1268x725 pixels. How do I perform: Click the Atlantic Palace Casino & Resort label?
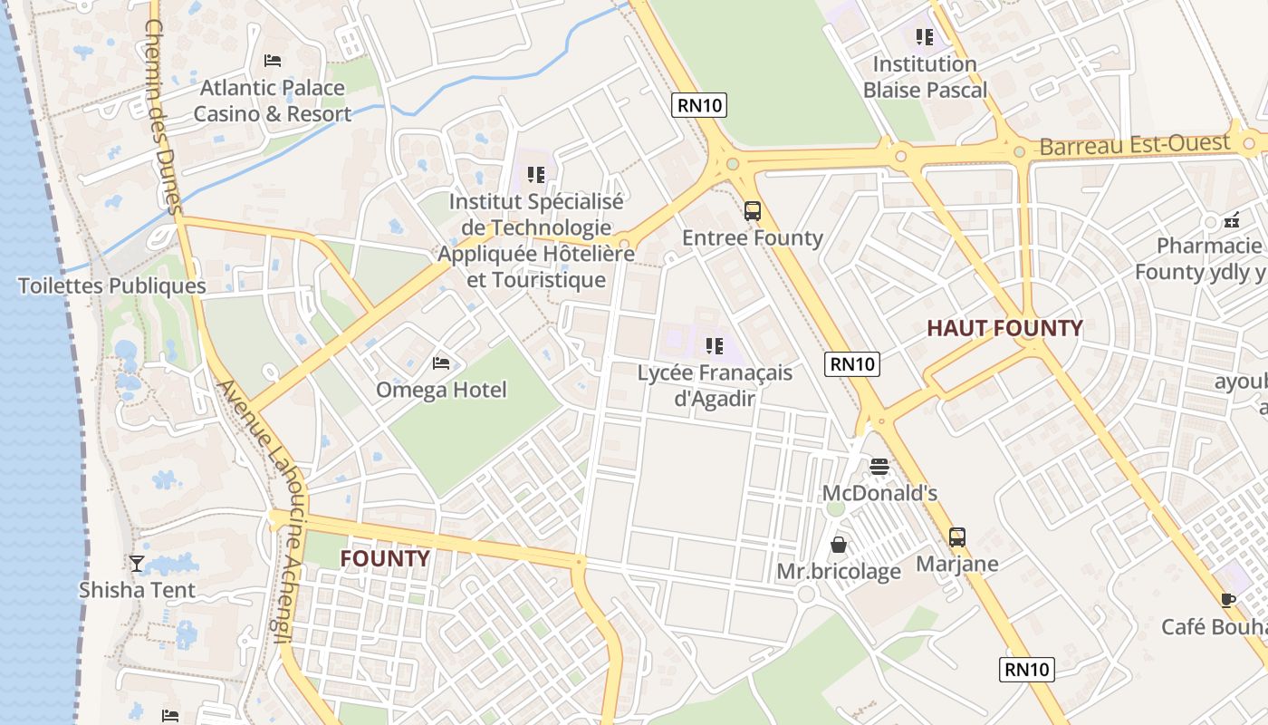tap(273, 101)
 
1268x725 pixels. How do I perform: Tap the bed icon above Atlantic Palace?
tap(273, 61)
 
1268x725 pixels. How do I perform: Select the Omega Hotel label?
tap(441, 390)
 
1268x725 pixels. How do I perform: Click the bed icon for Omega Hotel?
tap(441, 363)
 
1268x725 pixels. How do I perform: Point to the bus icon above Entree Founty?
tap(753, 211)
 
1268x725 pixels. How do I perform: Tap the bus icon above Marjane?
tap(957, 536)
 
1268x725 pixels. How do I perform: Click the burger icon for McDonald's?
tap(879, 467)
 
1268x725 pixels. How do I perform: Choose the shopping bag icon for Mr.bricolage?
tap(840, 545)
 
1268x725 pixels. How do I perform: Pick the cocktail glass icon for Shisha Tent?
tap(137, 564)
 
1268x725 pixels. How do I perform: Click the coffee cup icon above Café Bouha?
tap(1227, 600)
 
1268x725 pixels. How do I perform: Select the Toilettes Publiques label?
tap(112, 286)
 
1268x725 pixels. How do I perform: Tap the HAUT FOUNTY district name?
tap(1004, 329)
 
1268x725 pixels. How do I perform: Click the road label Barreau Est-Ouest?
tap(1135, 145)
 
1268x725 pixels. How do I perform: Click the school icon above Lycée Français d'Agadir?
tap(715, 345)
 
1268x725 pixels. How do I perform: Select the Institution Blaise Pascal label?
tap(925, 77)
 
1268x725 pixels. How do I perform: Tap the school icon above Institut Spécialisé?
tap(536, 174)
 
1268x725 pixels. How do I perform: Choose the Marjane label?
tap(957, 564)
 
